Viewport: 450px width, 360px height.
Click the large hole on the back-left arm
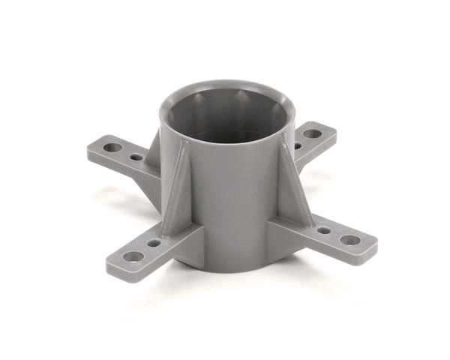pos(112,148)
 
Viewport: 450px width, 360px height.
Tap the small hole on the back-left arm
pos(136,157)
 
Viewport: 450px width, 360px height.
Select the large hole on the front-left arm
pos(133,256)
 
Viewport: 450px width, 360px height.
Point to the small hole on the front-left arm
pos(154,243)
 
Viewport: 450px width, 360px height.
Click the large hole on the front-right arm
pos(350,241)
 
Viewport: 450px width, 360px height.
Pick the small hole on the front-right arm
pos(324,230)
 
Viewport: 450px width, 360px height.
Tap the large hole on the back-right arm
pos(312,133)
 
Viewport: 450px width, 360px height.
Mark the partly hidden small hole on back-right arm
pos(298,145)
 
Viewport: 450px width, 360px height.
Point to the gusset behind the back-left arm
pos(154,150)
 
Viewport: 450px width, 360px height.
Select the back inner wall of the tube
pos(225,105)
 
